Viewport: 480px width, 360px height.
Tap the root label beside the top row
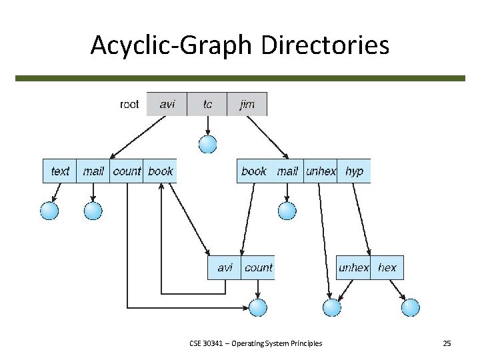[129, 104]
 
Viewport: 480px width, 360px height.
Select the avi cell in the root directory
[167, 104]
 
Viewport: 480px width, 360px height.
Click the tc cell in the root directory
[207, 104]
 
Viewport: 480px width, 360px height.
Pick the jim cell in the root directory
[247, 104]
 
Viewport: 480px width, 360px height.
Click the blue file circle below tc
[208, 143]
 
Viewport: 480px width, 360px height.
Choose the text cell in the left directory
[60, 171]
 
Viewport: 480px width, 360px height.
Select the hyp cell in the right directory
[355, 171]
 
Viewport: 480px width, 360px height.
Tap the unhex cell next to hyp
[321, 171]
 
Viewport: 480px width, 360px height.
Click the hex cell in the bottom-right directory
[387, 268]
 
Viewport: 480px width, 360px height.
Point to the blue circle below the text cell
[49, 211]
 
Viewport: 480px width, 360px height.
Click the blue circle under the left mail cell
[93, 211]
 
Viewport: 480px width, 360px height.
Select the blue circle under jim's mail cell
[287, 211]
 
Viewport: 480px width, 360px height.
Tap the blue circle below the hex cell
[411, 307]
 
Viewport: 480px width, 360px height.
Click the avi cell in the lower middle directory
[225, 268]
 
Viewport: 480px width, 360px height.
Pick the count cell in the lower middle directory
[258, 268]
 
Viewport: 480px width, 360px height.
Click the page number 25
[447, 343]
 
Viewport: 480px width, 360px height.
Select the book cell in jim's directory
[254, 171]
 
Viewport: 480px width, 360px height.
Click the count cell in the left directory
[127, 171]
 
